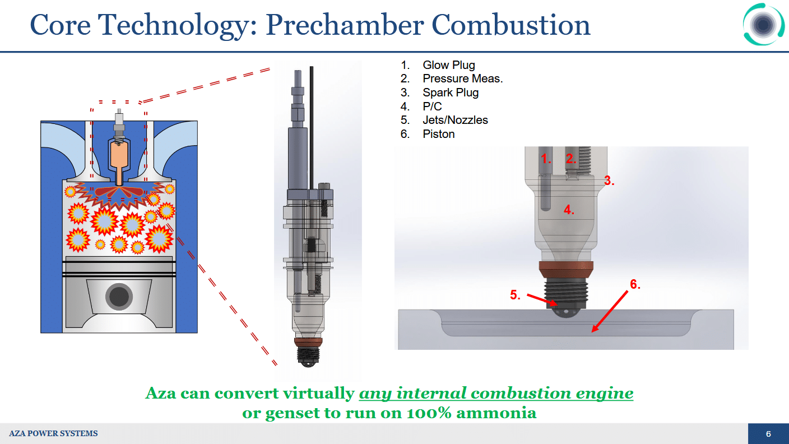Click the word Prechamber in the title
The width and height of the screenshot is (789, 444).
(x=344, y=25)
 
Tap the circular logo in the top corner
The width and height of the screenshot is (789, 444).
(x=763, y=24)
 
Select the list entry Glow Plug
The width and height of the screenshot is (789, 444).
(x=449, y=65)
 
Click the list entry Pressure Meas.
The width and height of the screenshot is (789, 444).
(x=462, y=78)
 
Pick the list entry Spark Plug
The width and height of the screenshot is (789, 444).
(x=451, y=92)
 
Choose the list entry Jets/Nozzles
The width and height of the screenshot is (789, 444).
(x=455, y=120)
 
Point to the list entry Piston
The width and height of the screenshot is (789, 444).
(x=439, y=134)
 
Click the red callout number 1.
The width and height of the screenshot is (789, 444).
(x=546, y=159)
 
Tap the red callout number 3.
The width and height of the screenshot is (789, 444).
(x=609, y=181)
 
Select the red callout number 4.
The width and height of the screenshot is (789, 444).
(x=569, y=210)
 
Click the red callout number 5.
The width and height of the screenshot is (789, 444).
(x=515, y=295)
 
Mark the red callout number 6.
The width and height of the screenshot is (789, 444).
(x=635, y=284)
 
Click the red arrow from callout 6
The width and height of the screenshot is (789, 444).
(x=610, y=311)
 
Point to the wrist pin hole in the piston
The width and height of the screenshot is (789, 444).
(x=119, y=297)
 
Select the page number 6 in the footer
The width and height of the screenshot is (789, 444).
(x=768, y=434)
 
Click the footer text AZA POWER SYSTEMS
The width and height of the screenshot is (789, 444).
(x=53, y=433)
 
